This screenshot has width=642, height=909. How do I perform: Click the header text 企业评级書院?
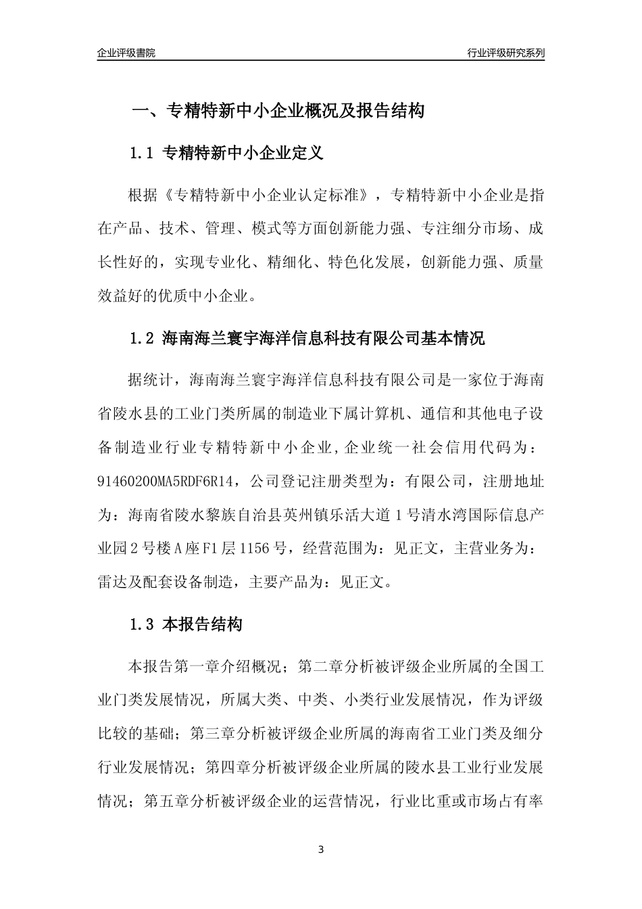click(126, 53)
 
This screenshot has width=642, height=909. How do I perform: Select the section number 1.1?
click(142, 154)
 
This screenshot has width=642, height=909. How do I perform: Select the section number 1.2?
click(142, 338)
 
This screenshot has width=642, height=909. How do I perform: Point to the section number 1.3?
click(142, 625)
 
